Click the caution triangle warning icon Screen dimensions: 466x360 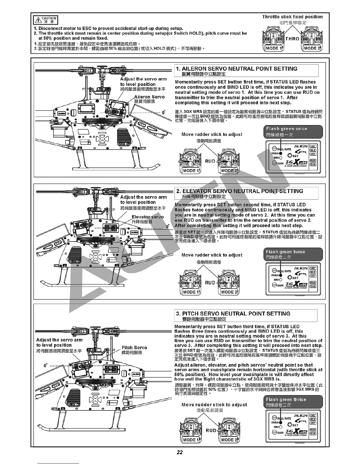(x=38, y=20)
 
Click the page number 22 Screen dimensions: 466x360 (x=180, y=452)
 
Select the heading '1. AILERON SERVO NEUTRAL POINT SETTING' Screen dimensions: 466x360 (x=237, y=69)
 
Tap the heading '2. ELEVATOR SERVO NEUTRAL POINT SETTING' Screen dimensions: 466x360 (x=240, y=191)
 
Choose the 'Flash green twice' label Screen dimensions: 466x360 (x=285, y=252)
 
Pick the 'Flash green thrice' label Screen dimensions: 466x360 (x=286, y=400)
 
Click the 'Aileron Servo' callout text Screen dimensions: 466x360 (x=149, y=97)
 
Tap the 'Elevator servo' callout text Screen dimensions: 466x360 (x=148, y=217)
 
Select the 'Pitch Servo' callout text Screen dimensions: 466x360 (x=134, y=347)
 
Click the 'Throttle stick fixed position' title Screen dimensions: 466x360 (x=292, y=17)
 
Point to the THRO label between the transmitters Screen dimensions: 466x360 (x=292, y=39)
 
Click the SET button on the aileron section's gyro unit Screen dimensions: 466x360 (x=290, y=156)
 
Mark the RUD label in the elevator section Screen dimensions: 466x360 (x=210, y=283)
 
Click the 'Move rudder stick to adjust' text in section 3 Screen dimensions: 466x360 (x=214, y=405)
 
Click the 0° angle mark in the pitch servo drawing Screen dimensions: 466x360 (x=46, y=366)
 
